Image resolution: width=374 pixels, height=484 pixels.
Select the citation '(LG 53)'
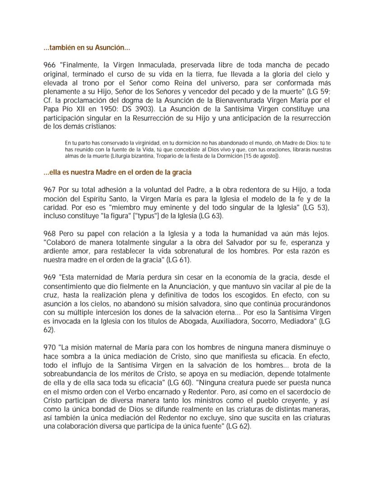(x=318, y=208)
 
